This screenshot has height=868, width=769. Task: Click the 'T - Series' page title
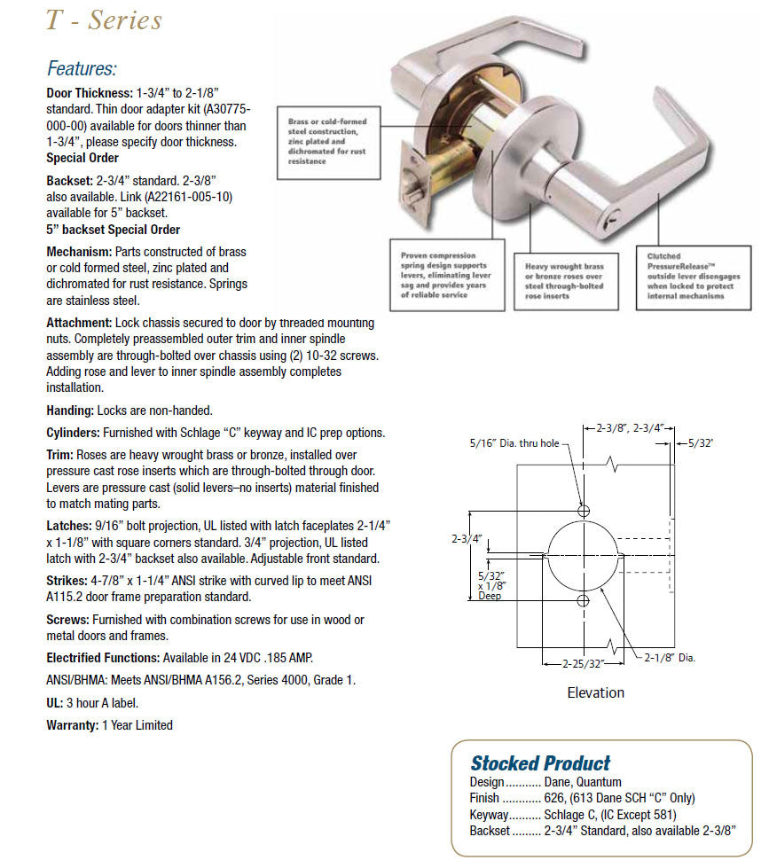pos(104,20)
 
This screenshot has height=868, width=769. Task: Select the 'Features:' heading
pos(82,68)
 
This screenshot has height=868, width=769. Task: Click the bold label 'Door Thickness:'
pos(89,91)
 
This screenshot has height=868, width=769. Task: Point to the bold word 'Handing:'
pos(70,411)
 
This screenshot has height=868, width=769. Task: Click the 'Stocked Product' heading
pos(539,763)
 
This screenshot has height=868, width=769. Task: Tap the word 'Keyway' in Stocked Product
pos(489,814)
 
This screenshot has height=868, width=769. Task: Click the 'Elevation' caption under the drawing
pos(595,692)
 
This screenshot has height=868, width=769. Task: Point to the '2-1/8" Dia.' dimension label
pos(670,658)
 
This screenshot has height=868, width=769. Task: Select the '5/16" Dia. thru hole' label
pos(514,443)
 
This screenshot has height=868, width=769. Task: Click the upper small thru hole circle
pos(584,512)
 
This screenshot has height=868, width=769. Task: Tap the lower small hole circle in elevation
pos(584,602)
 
